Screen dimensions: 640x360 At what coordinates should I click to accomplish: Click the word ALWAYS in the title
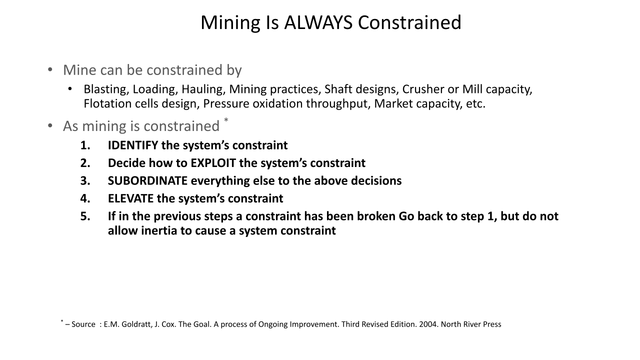click(x=318, y=22)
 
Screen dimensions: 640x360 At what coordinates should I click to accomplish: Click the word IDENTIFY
click(x=133, y=145)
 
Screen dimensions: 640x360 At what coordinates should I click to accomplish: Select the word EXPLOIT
click(x=213, y=163)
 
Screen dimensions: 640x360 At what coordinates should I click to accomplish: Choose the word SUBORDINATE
click(x=147, y=181)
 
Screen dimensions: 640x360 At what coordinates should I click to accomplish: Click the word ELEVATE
click(x=130, y=198)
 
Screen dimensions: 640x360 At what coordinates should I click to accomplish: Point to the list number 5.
click(x=85, y=216)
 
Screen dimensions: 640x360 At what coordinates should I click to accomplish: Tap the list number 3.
click(x=85, y=181)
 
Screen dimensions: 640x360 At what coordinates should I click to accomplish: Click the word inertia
click(x=159, y=230)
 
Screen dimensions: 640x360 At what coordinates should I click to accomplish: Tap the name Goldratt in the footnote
click(x=137, y=324)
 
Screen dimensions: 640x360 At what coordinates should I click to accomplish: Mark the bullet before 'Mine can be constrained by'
click(x=50, y=69)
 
